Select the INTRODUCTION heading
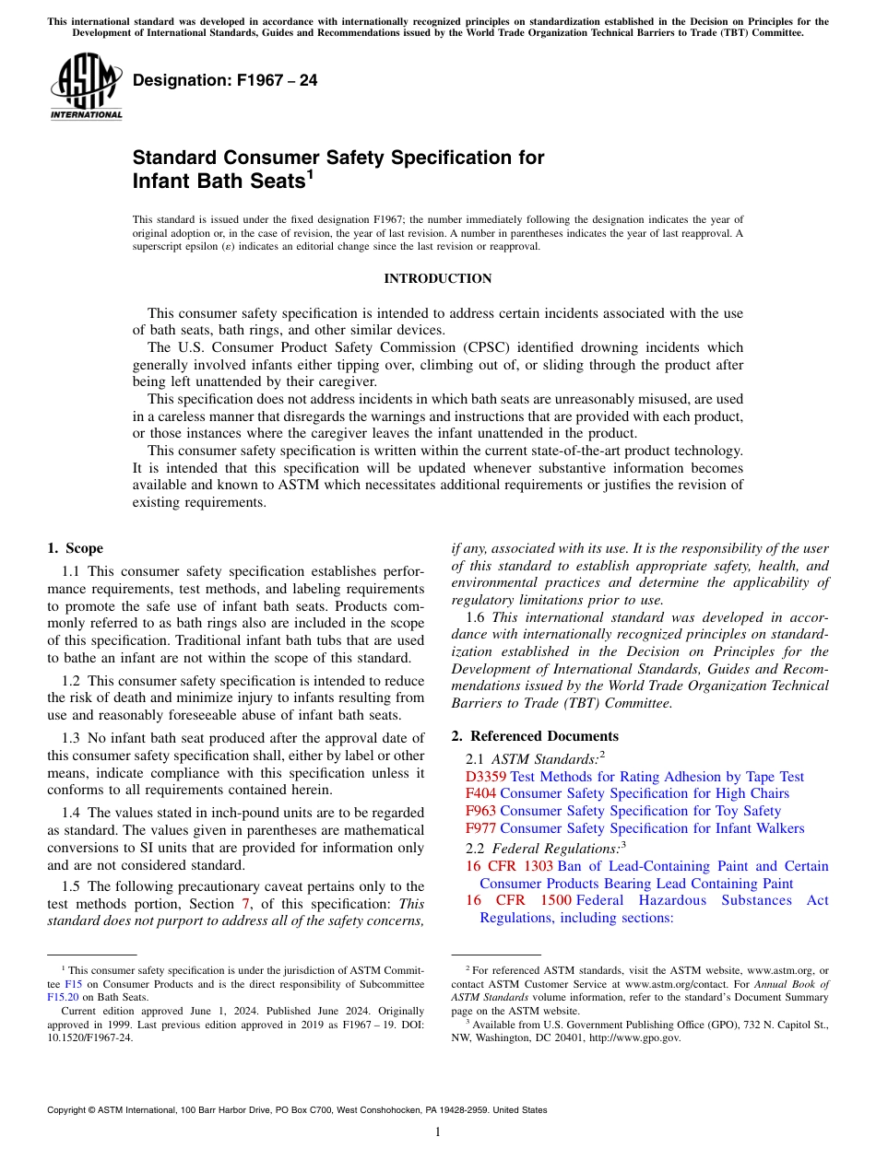pos(438,278)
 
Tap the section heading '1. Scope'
pos(76,548)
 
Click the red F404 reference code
pos(480,793)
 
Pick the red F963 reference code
pos(480,811)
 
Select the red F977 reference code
pos(480,828)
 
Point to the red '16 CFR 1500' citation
pos(518,900)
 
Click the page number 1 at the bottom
pos(438,1132)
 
